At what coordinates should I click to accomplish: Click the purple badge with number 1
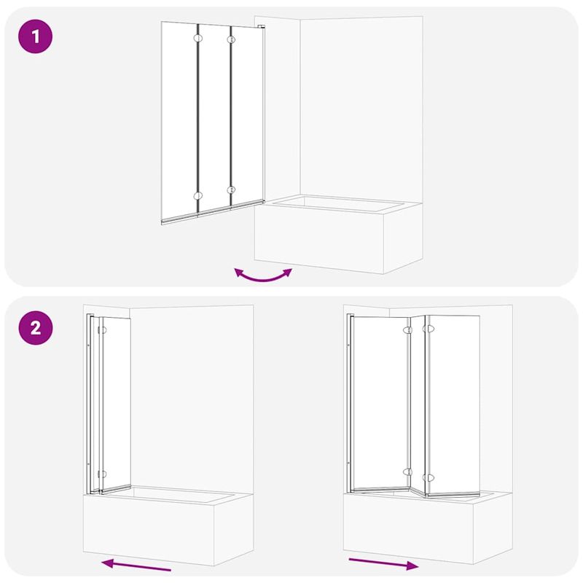tap(36, 37)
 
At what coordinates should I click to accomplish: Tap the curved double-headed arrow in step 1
tap(262, 275)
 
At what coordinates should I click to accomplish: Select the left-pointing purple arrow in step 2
tap(136, 565)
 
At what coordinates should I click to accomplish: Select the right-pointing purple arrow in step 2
tap(383, 563)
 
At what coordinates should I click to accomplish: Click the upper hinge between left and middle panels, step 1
tap(197, 38)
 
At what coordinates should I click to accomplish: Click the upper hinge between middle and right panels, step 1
tap(232, 38)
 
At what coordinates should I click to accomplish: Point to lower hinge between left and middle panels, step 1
tap(197, 195)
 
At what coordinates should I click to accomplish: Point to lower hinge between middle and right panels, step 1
tap(232, 190)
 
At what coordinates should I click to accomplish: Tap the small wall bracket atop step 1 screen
tap(261, 28)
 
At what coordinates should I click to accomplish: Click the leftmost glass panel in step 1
tap(179, 120)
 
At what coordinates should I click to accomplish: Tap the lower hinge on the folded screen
tap(103, 472)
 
